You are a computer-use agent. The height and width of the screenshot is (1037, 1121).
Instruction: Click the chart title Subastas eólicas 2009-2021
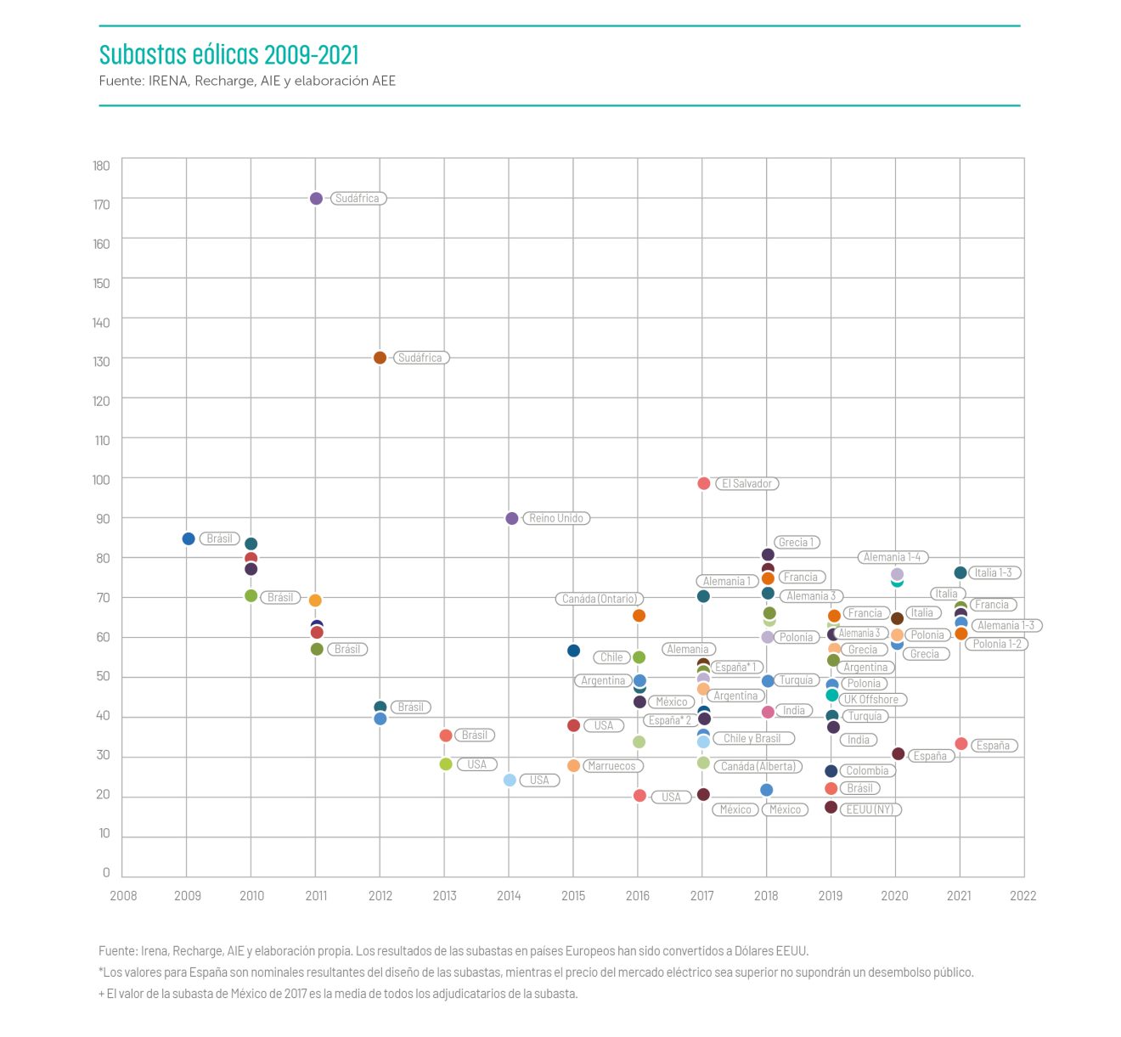(228, 55)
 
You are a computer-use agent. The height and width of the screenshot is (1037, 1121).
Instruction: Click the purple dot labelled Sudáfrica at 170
(316, 198)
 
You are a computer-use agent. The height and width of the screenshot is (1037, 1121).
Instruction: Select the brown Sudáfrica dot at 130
(380, 358)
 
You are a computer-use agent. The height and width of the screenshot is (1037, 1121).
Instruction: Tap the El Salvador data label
(746, 483)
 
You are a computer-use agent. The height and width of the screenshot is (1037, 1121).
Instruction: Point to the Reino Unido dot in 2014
(511, 518)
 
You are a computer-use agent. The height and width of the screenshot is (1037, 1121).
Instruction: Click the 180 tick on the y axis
(102, 166)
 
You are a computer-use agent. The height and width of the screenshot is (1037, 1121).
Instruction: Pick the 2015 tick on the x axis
(573, 895)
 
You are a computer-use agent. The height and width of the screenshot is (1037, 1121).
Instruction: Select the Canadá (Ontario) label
(600, 599)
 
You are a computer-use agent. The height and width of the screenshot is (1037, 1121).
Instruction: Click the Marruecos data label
(611, 766)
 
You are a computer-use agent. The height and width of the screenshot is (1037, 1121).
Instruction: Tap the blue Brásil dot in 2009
(189, 538)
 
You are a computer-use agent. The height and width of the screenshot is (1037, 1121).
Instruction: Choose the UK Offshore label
(871, 699)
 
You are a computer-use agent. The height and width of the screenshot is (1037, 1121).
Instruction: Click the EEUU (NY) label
(870, 809)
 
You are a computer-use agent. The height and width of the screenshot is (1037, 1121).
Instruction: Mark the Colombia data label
(867, 770)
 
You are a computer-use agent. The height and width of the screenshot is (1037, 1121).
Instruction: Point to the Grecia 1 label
(796, 542)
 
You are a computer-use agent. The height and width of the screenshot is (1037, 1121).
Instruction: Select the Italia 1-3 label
(993, 572)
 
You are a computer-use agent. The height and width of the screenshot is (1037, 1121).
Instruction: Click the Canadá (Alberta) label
(758, 766)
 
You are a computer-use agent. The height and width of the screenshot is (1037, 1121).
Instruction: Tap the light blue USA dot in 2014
(510, 780)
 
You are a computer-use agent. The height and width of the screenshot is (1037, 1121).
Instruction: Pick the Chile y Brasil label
(752, 738)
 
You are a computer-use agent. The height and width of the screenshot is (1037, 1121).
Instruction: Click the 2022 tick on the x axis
(1022, 895)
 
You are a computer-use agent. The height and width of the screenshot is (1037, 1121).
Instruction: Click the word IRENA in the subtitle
(168, 81)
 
